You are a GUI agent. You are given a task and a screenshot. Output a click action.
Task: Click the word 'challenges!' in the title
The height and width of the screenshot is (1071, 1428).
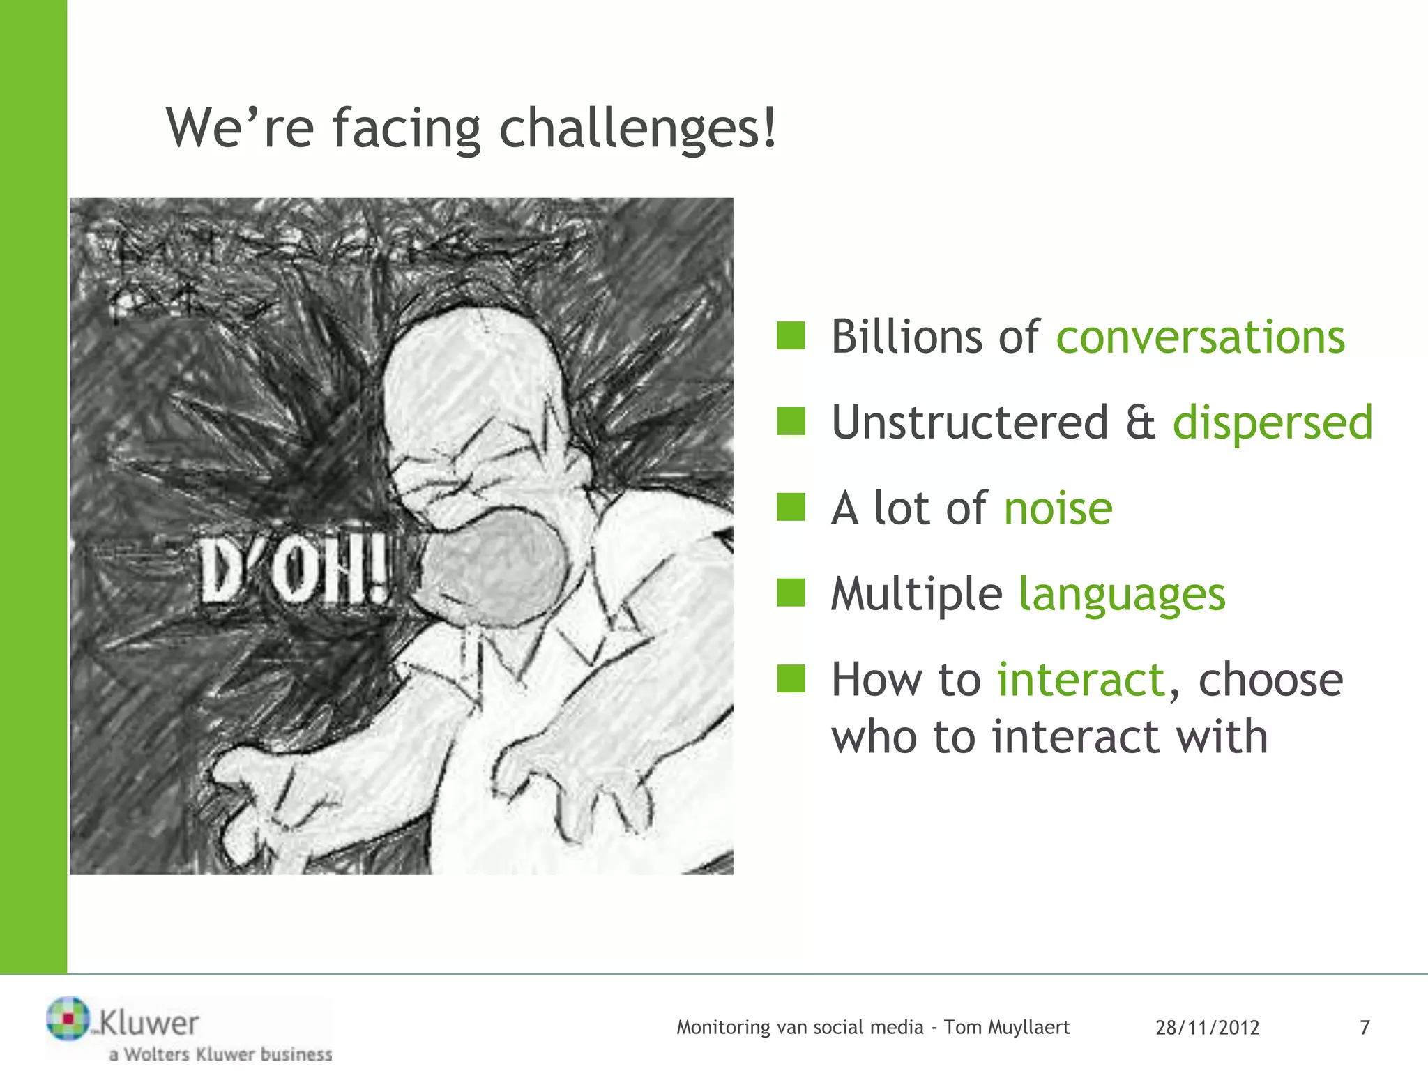click(637, 129)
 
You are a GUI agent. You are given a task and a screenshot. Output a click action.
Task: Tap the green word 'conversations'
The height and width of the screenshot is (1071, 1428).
click(1200, 337)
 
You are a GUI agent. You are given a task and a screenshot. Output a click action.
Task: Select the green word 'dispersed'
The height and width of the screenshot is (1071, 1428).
click(1272, 423)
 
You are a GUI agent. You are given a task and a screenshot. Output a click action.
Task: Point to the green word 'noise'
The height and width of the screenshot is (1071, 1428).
click(1058, 508)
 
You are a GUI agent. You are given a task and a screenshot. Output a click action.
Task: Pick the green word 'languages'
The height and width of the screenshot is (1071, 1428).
click(1122, 594)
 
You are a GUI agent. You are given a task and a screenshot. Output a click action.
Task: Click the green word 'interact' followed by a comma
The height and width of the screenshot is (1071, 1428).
click(1081, 680)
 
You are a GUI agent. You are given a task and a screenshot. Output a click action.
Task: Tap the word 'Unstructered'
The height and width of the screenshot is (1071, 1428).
click(969, 423)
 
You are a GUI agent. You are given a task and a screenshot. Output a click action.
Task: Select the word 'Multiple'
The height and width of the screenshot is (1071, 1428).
click(916, 594)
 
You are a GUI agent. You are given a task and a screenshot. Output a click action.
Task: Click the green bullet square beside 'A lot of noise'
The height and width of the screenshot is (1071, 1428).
click(791, 507)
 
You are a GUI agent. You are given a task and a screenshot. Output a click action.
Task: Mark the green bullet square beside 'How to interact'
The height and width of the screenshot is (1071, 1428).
click(791, 678)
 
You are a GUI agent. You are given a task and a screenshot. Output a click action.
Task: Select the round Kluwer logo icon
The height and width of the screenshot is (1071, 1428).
click(68, 1019)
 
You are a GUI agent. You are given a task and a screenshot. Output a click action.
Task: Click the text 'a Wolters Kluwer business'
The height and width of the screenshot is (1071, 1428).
click(220, 1054)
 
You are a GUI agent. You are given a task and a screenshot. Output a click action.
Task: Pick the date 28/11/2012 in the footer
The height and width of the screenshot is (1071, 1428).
click(1207, 1028)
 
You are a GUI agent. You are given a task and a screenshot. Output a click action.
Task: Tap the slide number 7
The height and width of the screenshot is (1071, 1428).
click(1365, 1028)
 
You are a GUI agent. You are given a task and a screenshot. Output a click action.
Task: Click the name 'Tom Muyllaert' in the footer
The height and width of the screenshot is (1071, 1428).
click(1006, 1028)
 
